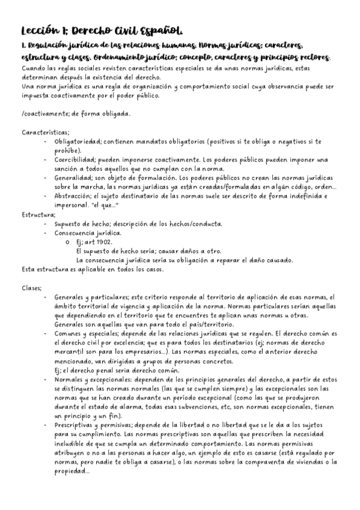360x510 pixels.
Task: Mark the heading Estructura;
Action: click(x=38, y=214)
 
